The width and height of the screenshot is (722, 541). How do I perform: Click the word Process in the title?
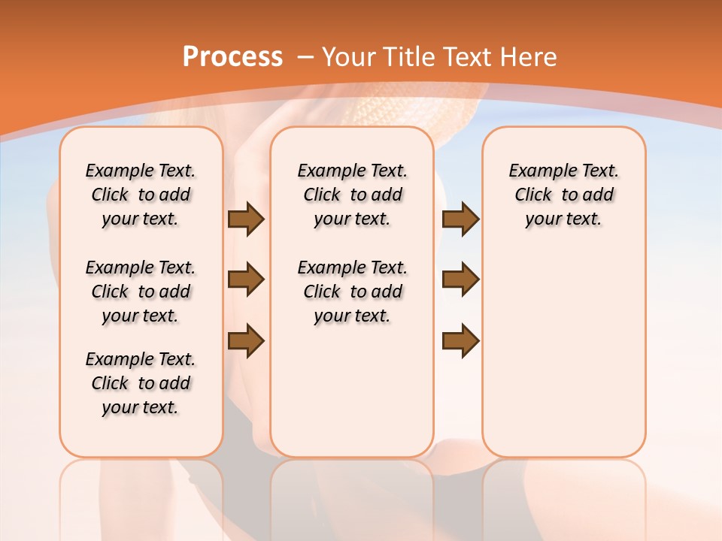(x=232, y=57)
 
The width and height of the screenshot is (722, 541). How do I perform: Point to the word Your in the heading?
(x=350, y=57)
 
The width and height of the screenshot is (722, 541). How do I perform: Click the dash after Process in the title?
(x=305, y=58)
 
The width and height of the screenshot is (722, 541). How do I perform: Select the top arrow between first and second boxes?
(x=246, y=219)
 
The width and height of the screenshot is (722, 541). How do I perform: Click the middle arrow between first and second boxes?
(x=246, y=280)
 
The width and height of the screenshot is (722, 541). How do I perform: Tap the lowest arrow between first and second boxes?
(x=246, y=341)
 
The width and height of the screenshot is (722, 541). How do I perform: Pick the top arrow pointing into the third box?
(x=460, y=219)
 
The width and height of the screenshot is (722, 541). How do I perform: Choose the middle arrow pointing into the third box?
(x=460, y=280)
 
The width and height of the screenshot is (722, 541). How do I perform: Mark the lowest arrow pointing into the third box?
(x=460, y=341)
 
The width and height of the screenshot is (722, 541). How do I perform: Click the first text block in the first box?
(x=141, y=195)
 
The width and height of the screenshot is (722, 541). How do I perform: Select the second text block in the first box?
(x=141, y=292)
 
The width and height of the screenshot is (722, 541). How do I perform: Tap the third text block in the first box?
(x=141, y=383)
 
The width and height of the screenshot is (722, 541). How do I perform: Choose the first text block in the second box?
(x=352, y=195)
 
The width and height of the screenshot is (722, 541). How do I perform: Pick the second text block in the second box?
(x=352, y=292)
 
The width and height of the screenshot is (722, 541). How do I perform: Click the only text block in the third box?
(x=564, y=195)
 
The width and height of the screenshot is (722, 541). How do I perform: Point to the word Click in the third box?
(x=533, y=195)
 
